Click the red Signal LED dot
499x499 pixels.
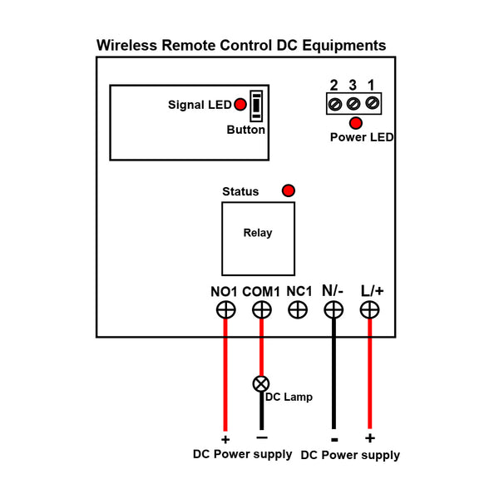[x=240, y=105]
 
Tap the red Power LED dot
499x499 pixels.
[x=355, y=123]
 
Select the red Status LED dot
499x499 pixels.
[x=289, y=190]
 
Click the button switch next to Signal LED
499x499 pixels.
[x=256, y=106]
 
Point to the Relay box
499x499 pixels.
[x=258, y=239]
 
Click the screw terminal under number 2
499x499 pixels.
[x=335, y=104]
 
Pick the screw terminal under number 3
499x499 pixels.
[x=353, y=103]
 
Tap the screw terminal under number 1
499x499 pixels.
[x=372, y=103]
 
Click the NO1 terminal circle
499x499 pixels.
[x=225, y=310]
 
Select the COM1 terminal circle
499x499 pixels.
[x=262, y=310]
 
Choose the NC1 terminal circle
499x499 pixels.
[x=298, y=310]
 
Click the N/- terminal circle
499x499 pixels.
[x=333, y=310]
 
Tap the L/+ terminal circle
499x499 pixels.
[x=369, y=310]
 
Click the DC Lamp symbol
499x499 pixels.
[x=261, y=383]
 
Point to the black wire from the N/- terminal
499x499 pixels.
[x=333, y=374]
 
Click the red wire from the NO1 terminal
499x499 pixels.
[x=225, y=375]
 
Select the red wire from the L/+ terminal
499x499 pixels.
[x=369, y=374]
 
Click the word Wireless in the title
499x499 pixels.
[x=126, y=45]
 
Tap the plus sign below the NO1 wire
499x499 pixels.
[x=225, y=439]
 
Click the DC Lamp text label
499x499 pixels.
[x=289, y=398]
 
